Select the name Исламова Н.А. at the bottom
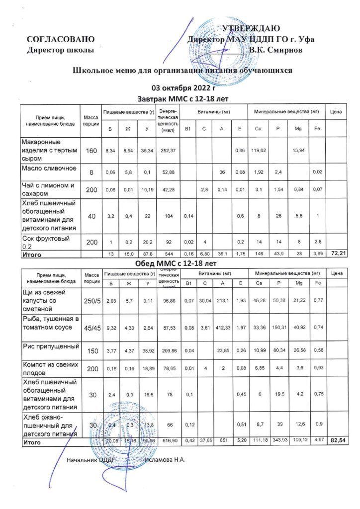pyautogui.click(x=165, y=460)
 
